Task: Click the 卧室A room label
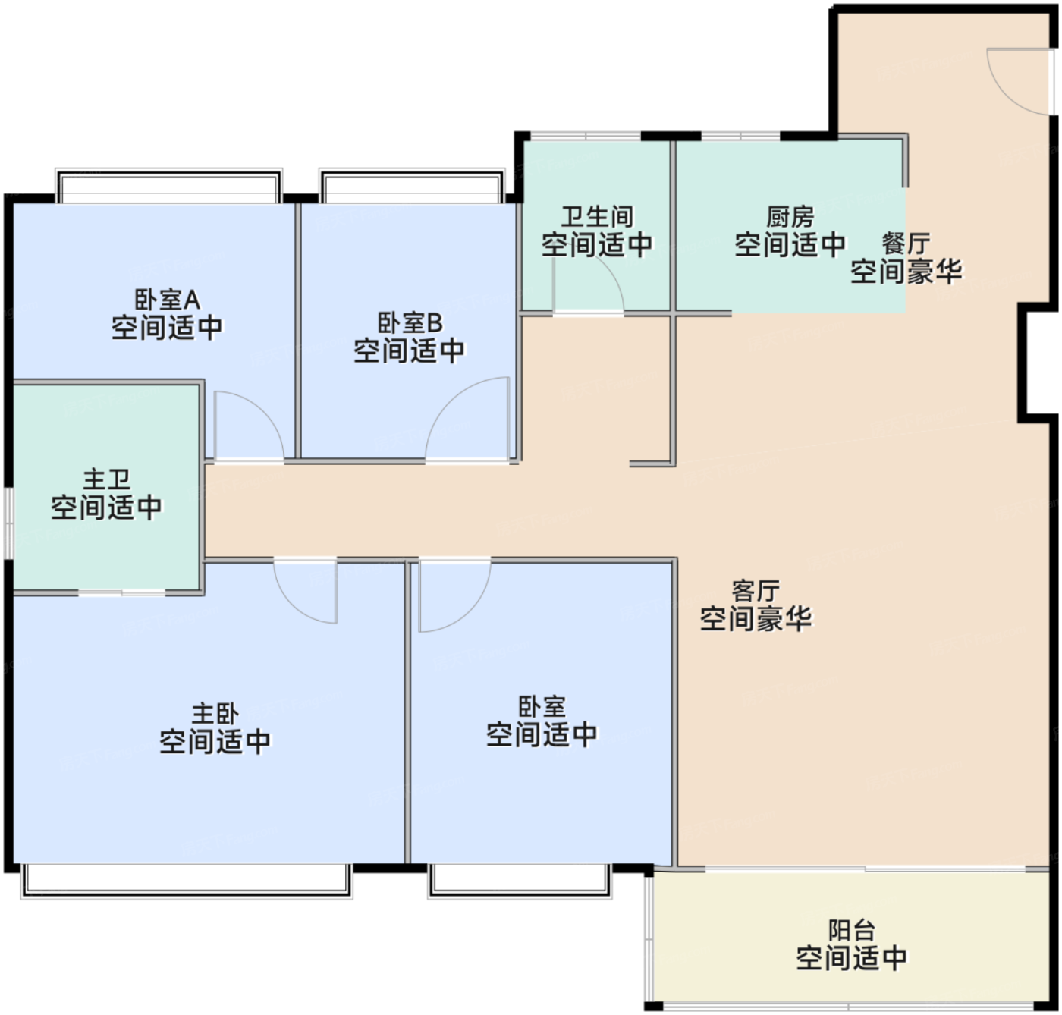click(168, 300)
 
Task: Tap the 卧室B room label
click(410, 322)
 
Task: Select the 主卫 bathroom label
click(106, 479)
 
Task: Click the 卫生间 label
click(597, 217)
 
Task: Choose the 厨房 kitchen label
click(790, 217)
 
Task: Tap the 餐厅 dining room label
click(906, 244)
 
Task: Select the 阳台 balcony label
click(851, 930)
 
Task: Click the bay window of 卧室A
click(168, 186)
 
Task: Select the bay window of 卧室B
click(411, 186)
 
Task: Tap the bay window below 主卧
click(187, 881)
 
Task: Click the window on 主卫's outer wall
click(8, 523)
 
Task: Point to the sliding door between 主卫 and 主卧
click(121, 592)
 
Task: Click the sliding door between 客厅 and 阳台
click(865, 868)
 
